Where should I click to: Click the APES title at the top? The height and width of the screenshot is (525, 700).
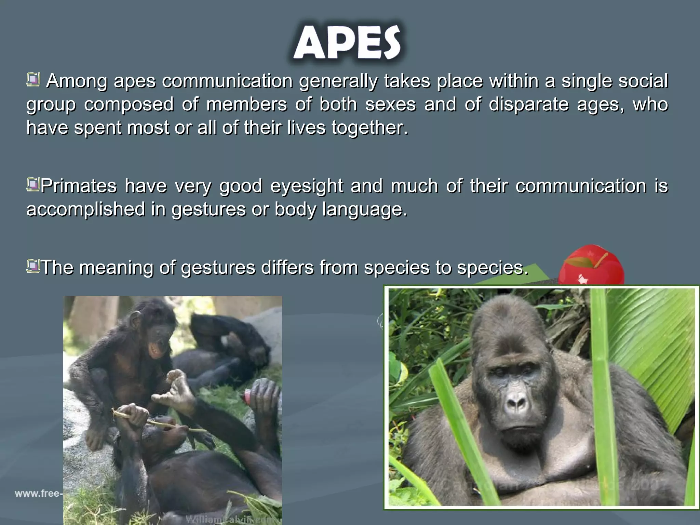347,43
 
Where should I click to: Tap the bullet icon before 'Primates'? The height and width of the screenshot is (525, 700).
33,185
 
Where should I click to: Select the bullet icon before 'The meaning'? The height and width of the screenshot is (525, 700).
33,266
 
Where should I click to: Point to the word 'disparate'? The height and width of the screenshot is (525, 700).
529,105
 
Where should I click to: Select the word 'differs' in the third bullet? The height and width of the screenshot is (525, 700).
287,268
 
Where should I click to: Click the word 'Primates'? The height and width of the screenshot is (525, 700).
79,186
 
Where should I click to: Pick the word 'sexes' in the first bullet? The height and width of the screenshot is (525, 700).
391,105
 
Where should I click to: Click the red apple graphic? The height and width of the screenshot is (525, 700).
591,265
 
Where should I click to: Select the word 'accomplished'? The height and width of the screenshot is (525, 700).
86,210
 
